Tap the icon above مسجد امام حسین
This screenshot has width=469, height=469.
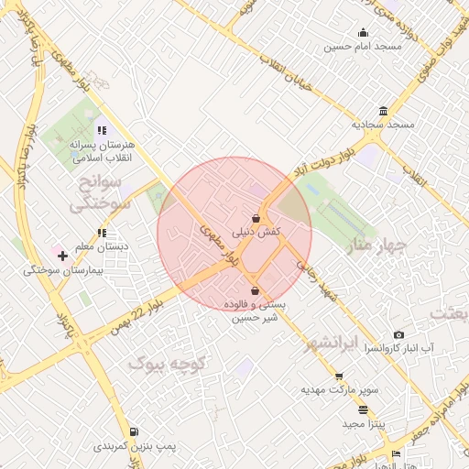(363, 33)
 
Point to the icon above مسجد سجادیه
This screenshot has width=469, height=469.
(383, 110)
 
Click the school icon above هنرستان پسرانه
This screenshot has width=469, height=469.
(101, 131)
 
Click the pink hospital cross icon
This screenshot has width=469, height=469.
(62, 255)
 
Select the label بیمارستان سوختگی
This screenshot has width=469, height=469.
(63, 271)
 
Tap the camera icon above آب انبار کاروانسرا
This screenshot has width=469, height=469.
(398, 335)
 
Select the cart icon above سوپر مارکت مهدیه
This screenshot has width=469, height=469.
(339, 376)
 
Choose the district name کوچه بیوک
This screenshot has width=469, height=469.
(170, 364)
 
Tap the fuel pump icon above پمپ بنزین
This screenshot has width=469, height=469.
(135, 431)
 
